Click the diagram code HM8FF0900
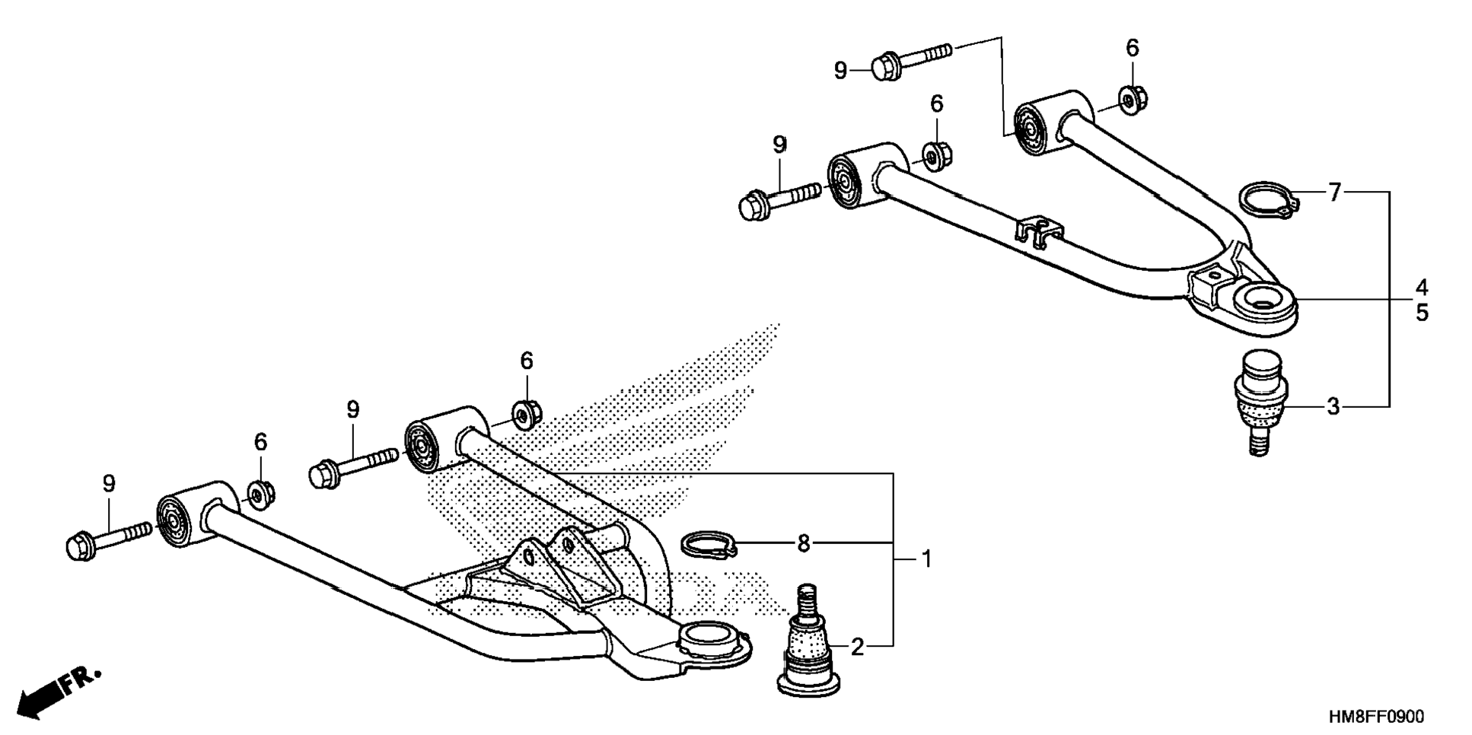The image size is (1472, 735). [1376, 717]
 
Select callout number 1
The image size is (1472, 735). [926, 559]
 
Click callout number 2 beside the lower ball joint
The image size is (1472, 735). [857, 647]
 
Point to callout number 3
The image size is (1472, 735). [1333, 407]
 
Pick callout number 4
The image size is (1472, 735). [1422, 288]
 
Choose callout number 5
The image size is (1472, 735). [1422, 313]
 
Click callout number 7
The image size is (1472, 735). [1334, 192]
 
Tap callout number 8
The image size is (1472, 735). [804, 543]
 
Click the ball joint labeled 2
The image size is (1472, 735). [808, 643]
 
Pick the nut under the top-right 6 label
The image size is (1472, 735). [1132, 100]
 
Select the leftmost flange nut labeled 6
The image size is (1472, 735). [261, 495]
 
